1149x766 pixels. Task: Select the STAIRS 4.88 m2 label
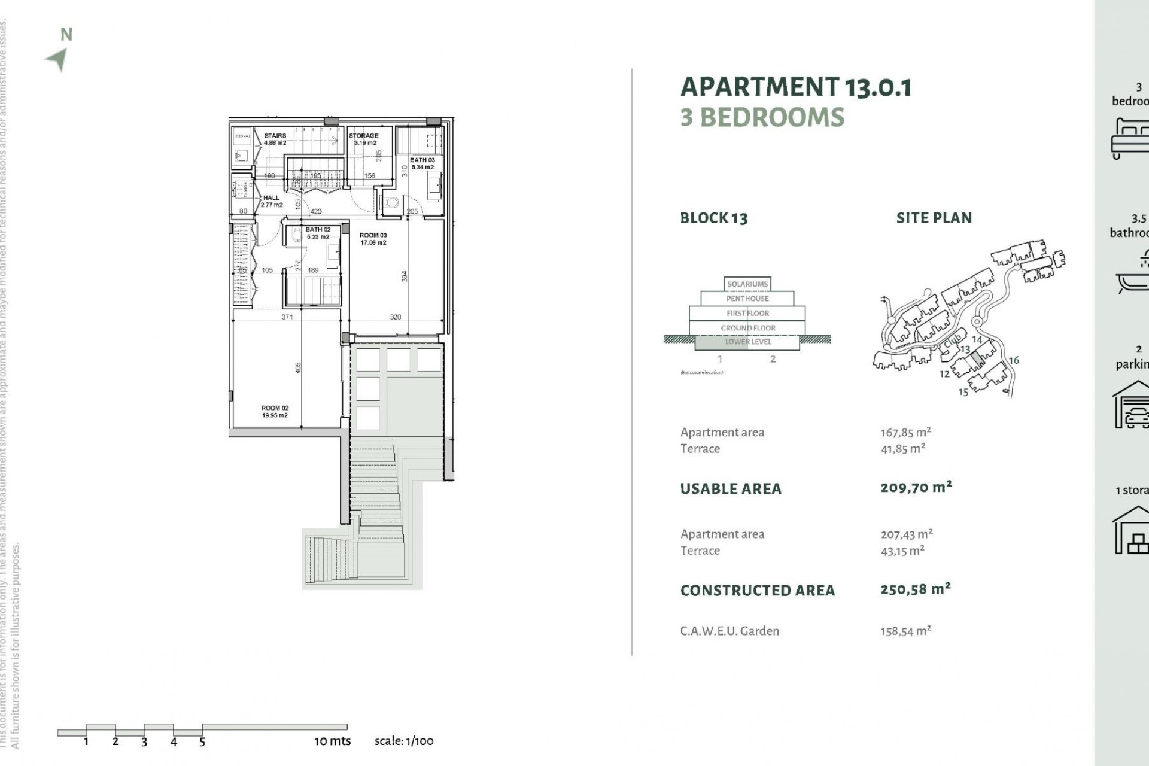click(275, 139)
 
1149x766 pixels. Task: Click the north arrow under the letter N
click(57, 59)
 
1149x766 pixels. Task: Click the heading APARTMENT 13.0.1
click(795, 87)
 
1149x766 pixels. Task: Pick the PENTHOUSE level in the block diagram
click(747, 298)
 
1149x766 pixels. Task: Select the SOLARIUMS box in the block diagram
click(747, 284)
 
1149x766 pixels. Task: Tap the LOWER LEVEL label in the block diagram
click(747, 342)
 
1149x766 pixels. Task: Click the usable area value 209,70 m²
click(916, 487)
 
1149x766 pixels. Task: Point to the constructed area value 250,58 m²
click(915, 589)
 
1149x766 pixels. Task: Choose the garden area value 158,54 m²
click(905, 631)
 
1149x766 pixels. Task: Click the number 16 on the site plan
click(1014, 360)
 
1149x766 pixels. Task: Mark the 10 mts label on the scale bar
click(332, 741)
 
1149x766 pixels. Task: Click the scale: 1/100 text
click(404, 741)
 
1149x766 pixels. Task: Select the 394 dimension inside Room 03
click(405, 276)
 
